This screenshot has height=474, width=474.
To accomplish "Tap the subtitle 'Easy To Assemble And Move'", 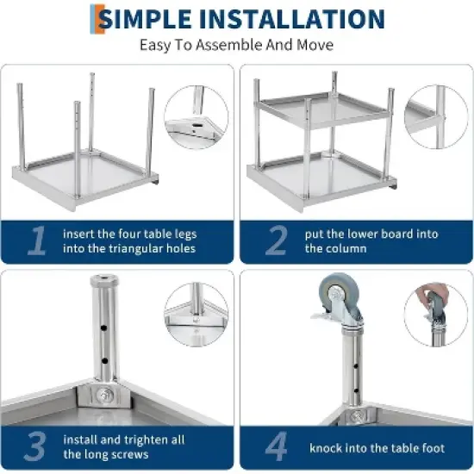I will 236,45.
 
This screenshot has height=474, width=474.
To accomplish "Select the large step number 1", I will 36,241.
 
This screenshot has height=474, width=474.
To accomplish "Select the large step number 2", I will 275,241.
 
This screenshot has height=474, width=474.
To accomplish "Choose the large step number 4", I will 276,447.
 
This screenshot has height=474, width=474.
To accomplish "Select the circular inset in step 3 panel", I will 196,315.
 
